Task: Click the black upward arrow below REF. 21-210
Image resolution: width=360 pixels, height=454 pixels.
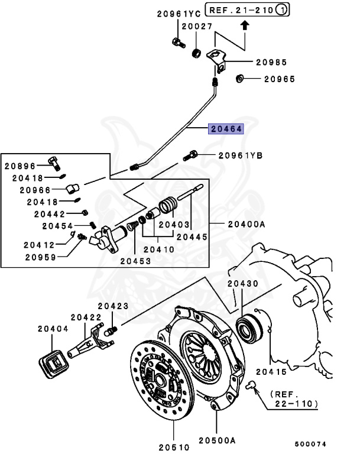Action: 245,25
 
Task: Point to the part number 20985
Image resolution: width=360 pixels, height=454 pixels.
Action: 271,61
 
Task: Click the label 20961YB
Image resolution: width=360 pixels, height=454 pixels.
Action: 240,155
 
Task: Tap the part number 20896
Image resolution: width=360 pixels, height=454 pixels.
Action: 21,167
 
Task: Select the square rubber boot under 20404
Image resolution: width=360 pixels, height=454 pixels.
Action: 53,361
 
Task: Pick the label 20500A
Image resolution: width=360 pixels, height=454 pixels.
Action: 217,440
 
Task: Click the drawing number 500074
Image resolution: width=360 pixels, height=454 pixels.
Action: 311,443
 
